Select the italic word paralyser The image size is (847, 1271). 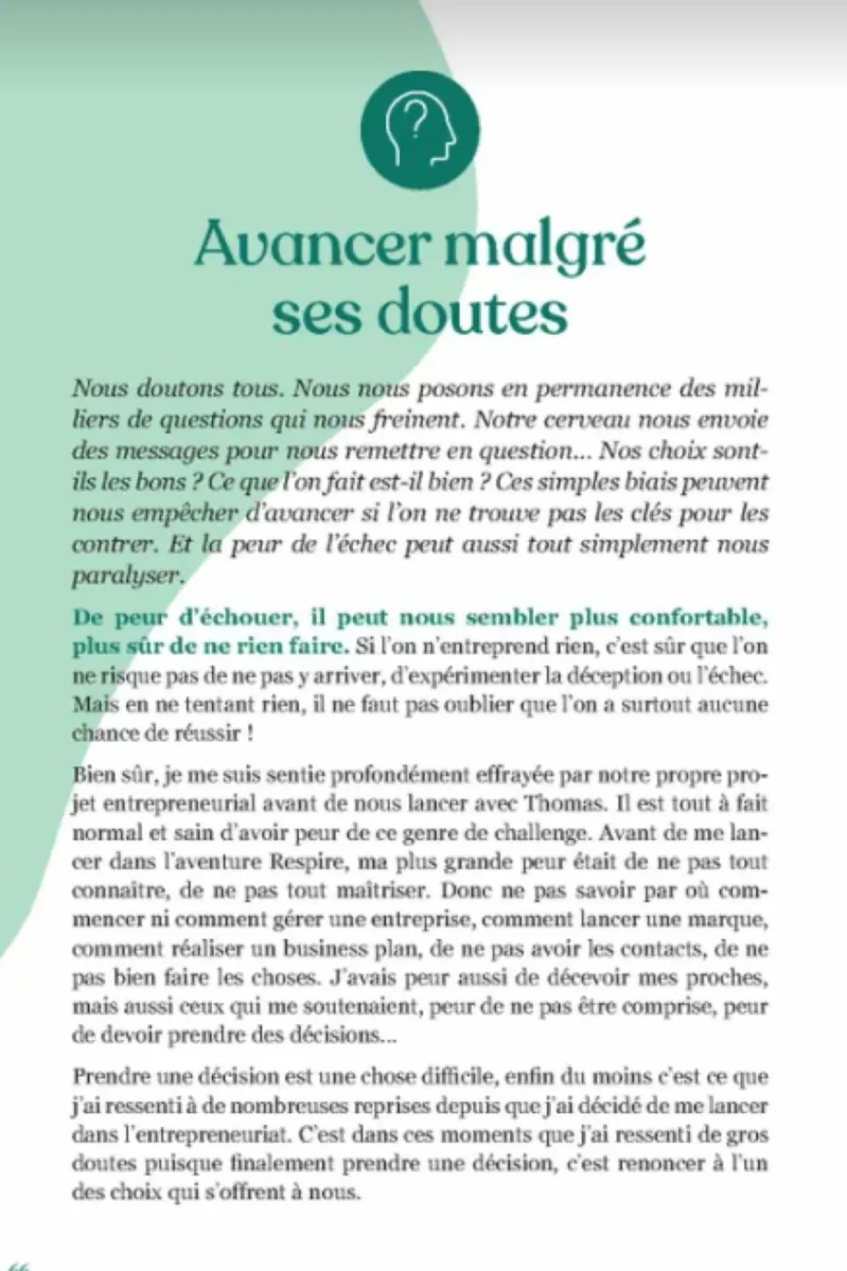pos(127,575)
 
